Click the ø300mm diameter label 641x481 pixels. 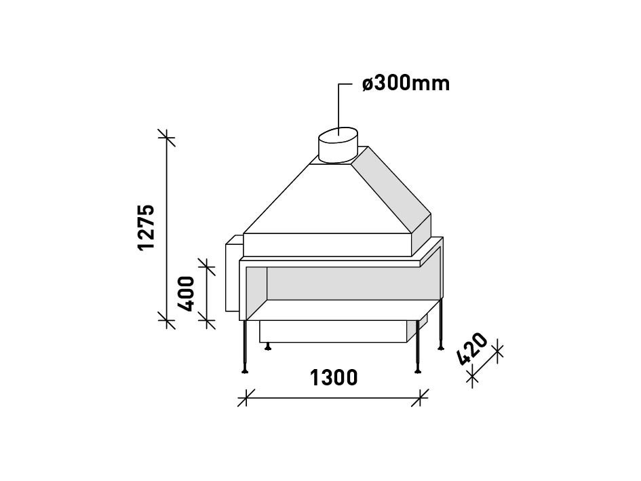[406, 84]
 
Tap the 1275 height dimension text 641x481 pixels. [147, 227]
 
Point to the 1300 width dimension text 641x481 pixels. [334, 377]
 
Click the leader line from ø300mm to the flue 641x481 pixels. [340, 102]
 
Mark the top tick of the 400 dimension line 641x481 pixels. [206, 266]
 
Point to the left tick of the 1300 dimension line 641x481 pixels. [246, 398]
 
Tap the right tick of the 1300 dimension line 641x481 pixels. [421, 398]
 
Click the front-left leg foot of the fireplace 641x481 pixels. [244, 370]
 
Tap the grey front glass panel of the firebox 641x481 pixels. [346, 285]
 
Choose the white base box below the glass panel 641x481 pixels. [332, 331]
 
